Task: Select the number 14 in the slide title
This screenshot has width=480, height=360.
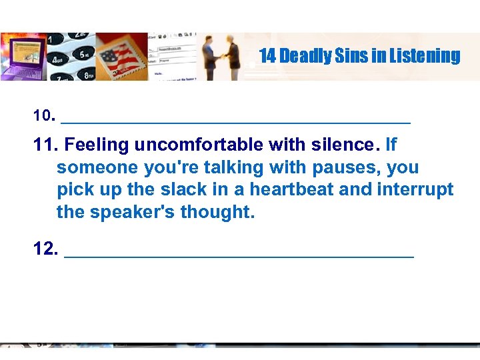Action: tap(267, 56)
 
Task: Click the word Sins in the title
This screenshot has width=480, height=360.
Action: tap(344, 56)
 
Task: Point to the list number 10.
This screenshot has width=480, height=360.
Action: tap(43, 116)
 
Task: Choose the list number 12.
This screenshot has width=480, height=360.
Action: tap(45, 250)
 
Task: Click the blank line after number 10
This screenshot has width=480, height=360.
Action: tap(235, 121)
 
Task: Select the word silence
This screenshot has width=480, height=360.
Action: tap(344, 145)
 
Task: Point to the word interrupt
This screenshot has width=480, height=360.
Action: tap(414, 190)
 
